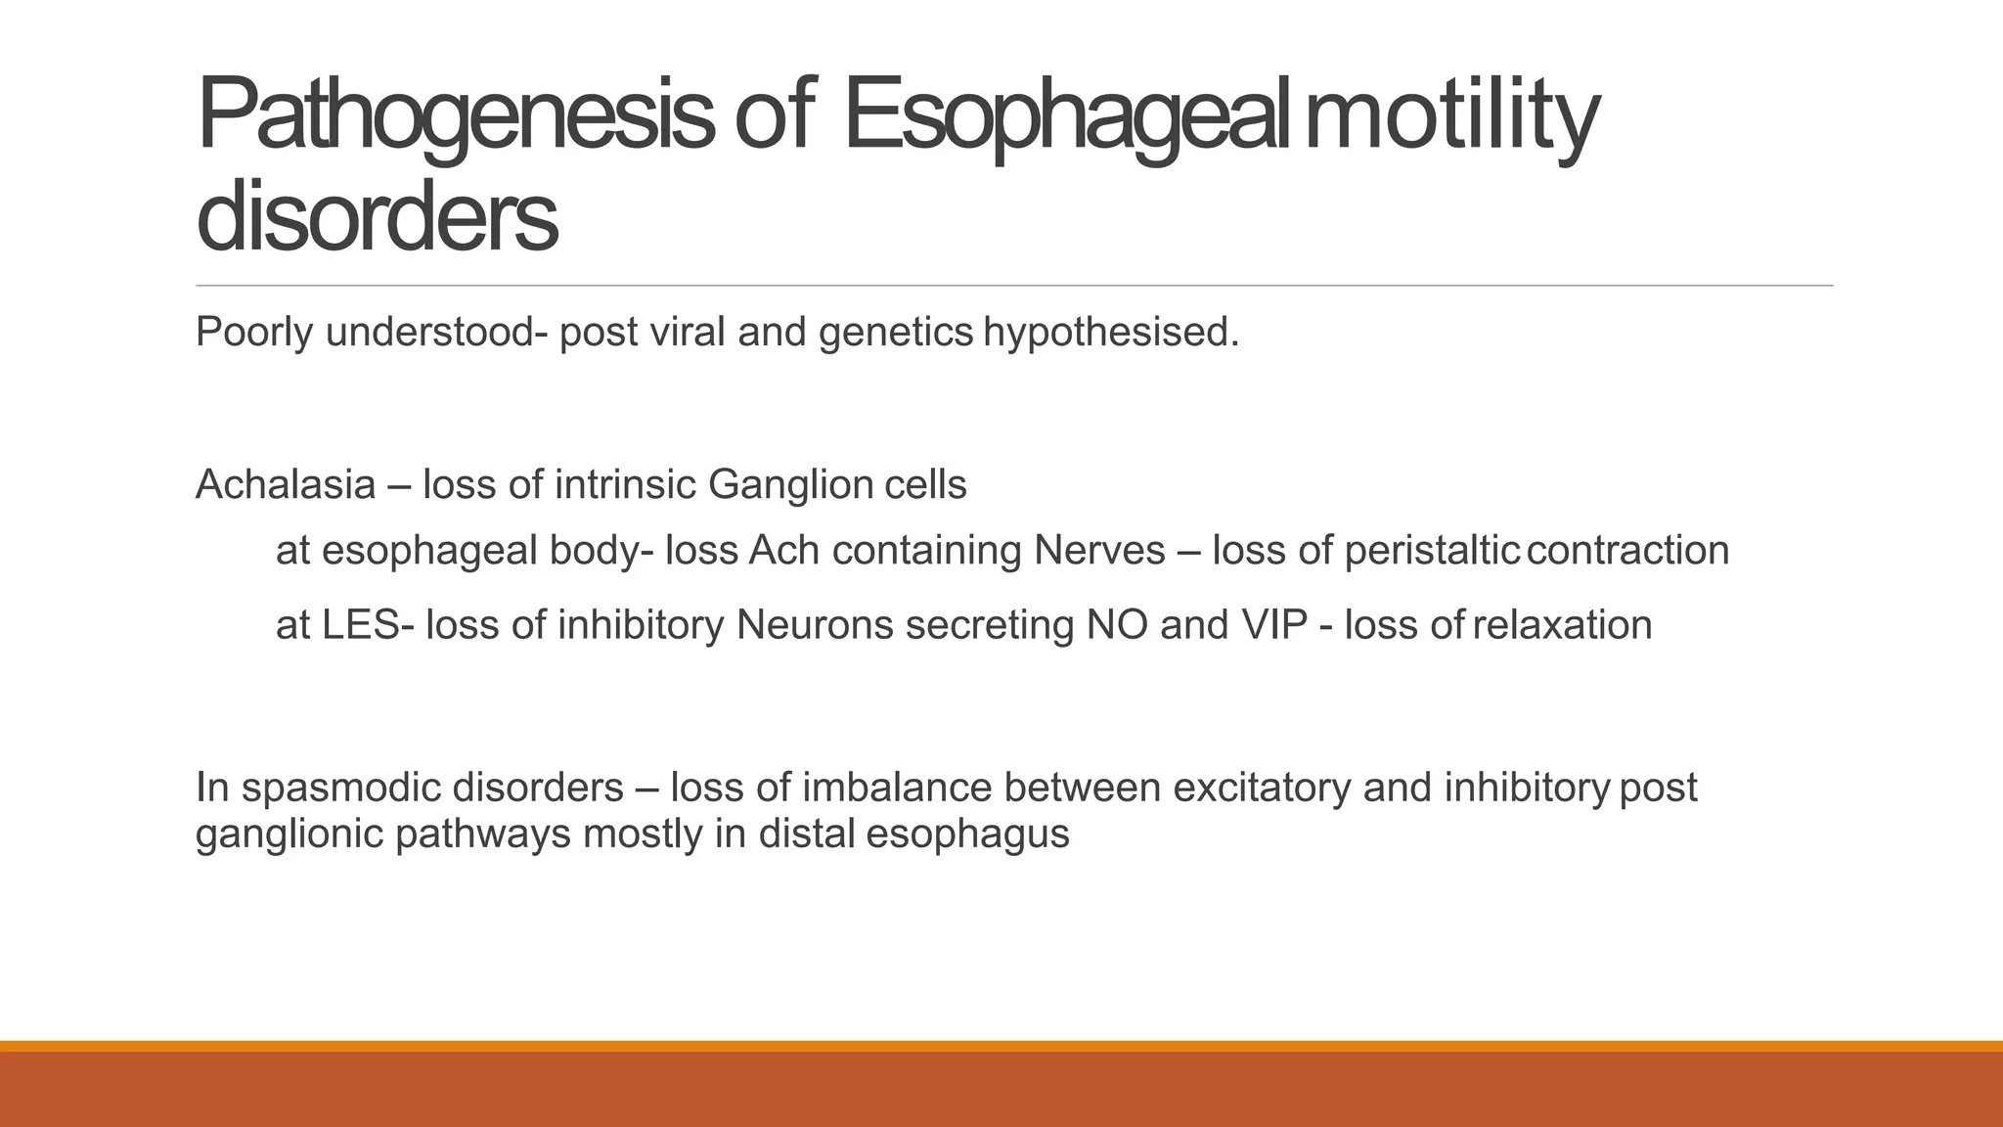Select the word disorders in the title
378,217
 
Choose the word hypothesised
1111,333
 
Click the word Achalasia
286,485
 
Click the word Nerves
1099,551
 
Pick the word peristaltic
1431,551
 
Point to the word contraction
1627,551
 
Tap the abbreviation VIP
1274,625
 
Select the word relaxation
1562,625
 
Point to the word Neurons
815,625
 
